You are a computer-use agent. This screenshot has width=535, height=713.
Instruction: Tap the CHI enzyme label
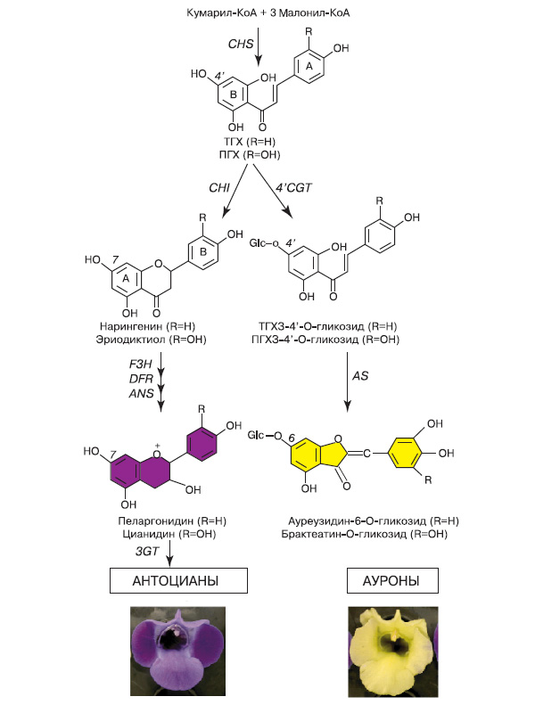click(220, 188)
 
